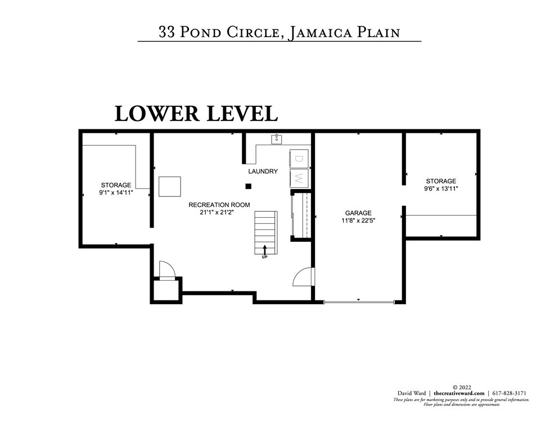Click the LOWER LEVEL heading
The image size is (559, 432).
(196, 113)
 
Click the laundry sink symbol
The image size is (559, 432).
(276, 139)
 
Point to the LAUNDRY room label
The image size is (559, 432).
(263, 171)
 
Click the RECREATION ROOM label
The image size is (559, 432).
(219, 205)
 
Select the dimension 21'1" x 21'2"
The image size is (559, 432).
(219, 213)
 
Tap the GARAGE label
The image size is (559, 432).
(358, 213)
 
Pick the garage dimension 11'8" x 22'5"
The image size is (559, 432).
(358, 221)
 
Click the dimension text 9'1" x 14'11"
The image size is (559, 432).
(116, 192)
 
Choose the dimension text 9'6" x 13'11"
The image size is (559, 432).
(441, 189)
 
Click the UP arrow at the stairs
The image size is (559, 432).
(264, 250)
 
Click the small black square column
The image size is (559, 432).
(248, 186)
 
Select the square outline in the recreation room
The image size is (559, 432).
(169, 186)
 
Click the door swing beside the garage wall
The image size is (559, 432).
(304, 277)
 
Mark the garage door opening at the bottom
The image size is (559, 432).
(359, 303)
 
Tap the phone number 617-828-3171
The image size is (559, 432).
(508, 393)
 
